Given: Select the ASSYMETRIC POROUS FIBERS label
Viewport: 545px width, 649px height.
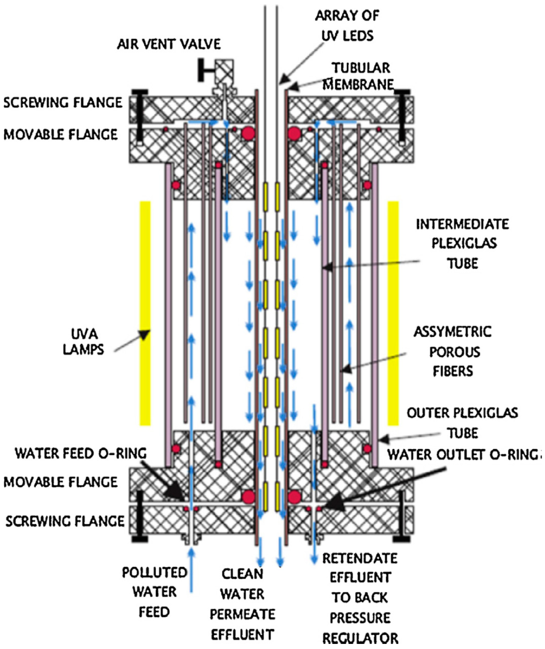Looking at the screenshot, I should (453, 351).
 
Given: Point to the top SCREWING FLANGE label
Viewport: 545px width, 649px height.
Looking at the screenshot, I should (63, 103).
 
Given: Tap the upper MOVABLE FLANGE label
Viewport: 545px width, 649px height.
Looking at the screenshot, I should (61, 134).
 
